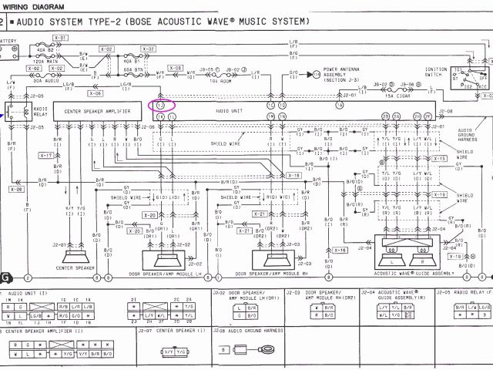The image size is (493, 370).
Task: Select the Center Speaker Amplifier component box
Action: [x=96, y=113]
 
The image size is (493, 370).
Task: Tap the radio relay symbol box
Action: [x=15, y=113]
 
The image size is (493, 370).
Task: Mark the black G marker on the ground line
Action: [x=7, y=277]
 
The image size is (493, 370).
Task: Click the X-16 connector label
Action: [x=342, y=250]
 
